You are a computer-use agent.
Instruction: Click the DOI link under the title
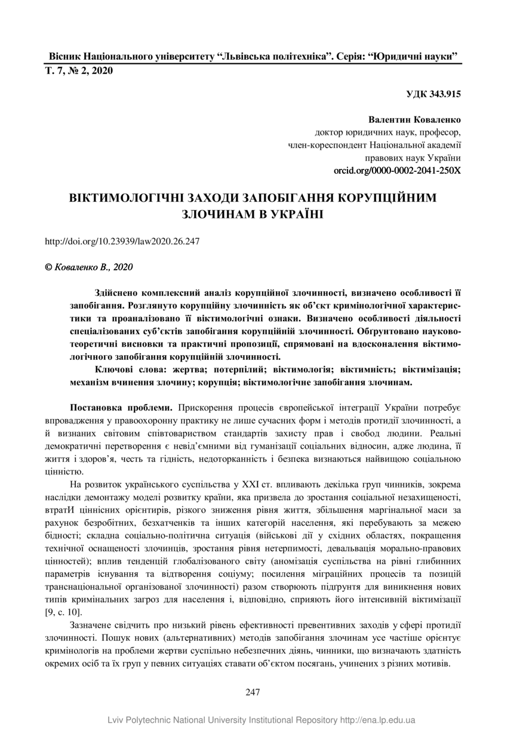tap(122, 242)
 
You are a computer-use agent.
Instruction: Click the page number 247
tap(253, 692)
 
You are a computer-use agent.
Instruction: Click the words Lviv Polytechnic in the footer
tap(136, 720)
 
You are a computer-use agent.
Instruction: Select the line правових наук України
tap(413, 158)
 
